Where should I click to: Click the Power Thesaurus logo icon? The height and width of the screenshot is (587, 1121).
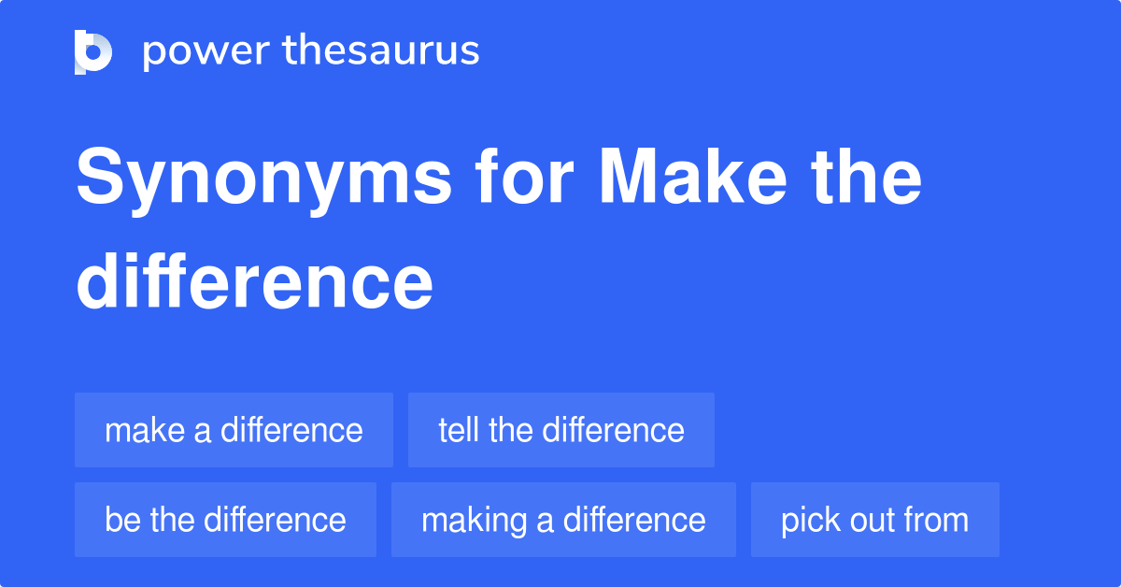93,51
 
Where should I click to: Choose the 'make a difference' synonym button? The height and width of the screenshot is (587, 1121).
234,430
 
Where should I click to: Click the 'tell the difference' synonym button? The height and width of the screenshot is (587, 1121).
560,430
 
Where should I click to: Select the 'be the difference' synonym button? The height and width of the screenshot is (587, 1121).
225,520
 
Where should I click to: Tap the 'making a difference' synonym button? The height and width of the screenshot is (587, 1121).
563,520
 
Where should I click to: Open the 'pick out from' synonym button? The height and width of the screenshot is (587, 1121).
874,520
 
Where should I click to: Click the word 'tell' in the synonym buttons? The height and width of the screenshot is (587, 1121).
459,430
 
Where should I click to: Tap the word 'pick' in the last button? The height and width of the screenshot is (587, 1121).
806,521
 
